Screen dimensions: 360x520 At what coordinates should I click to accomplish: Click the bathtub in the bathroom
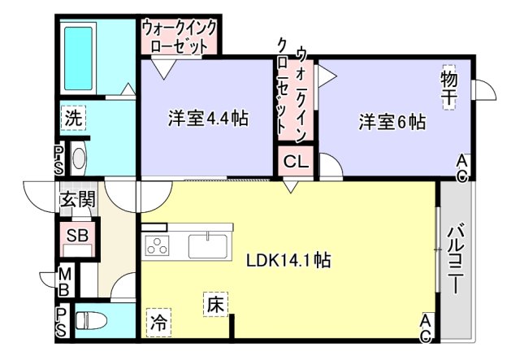click(80, 53)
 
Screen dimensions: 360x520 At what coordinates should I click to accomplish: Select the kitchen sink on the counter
click(210, 244)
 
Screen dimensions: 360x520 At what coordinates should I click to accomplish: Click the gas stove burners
click(157, 245)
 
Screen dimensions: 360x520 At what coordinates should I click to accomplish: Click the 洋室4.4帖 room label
click(208, 119)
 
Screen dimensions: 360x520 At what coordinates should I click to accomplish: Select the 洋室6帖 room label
click(392, 122)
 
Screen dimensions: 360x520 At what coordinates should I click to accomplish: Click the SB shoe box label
click(77, 236)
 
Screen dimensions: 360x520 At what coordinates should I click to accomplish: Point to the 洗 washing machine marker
click(73, 118)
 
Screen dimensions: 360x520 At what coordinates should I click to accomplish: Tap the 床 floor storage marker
click(214, 305)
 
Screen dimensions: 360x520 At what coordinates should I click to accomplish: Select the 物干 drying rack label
click(449, 86)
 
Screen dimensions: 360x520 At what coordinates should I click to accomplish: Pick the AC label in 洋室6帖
click(461, 167)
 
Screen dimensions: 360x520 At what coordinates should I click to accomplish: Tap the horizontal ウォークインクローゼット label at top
click(180, 37)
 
